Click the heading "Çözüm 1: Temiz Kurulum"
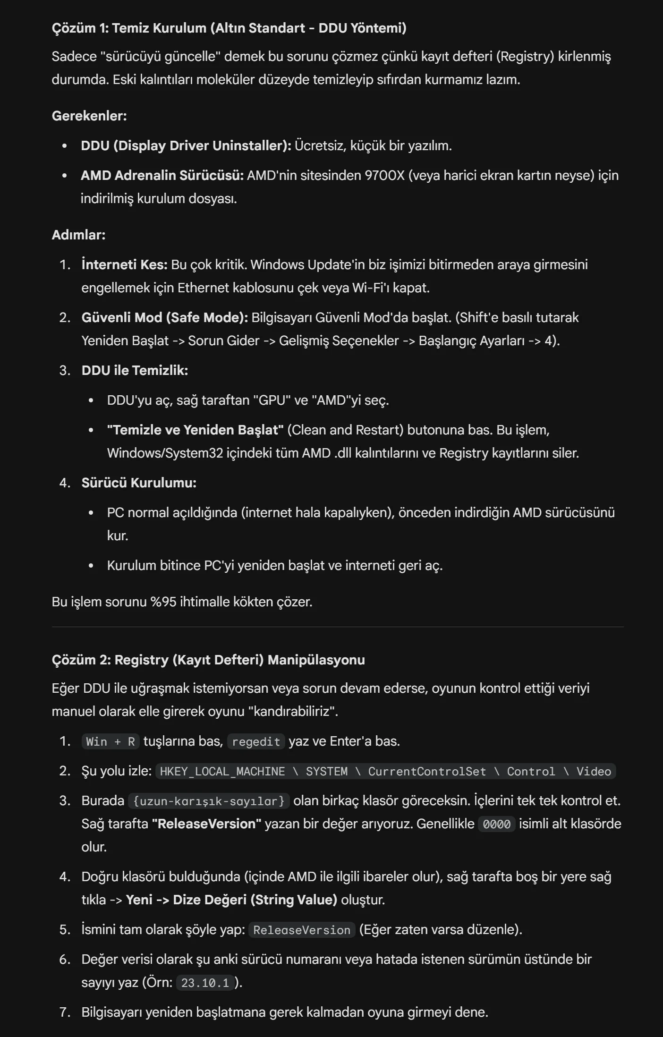tap(229, 28)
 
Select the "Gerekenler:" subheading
tap(89, 116)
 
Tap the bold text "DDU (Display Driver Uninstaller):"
tap(186, 145)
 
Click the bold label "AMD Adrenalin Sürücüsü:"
tap(162, 175)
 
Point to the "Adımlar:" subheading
tap(78, 235)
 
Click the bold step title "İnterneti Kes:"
tap(124, 264)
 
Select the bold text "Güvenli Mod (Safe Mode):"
tap(164, 317)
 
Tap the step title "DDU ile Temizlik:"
tap(135, 370)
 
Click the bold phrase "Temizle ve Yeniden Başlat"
tap(195, 430)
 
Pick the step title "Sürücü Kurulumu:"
tap(139, 483)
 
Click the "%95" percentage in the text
tap(163, 602)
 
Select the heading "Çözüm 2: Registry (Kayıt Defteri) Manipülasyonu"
tap(208, 660)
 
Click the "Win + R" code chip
tap(110, 741)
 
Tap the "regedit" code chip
tap(256, 741)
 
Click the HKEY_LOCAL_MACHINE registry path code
tap(385, 771)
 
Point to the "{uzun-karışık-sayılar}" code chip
tap(209, 801)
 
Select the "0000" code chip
tap(496, 824)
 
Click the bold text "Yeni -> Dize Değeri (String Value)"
tap(231, 900)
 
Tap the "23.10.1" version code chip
tap(205, 983)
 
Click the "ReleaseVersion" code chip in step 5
tap(302, 930)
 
